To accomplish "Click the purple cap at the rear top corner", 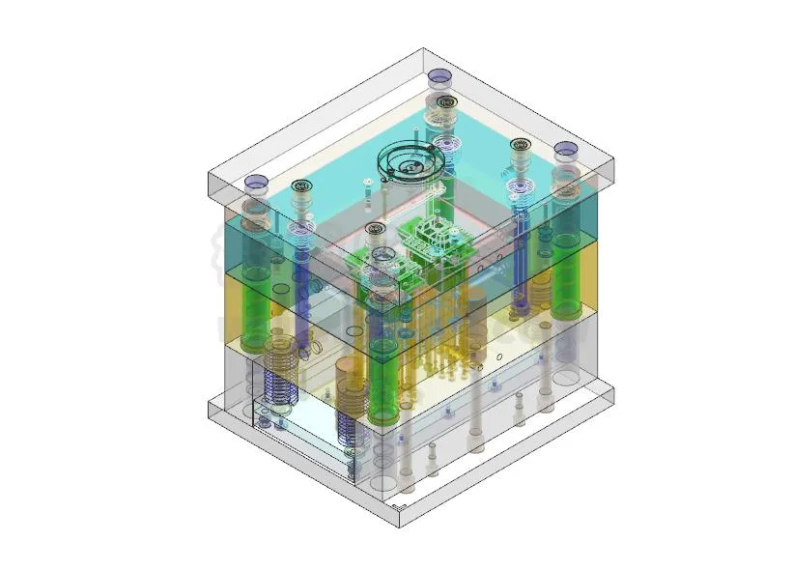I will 439,75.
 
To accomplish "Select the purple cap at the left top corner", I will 256,181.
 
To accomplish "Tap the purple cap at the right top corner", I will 565,149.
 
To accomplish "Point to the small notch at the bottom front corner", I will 401,506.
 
